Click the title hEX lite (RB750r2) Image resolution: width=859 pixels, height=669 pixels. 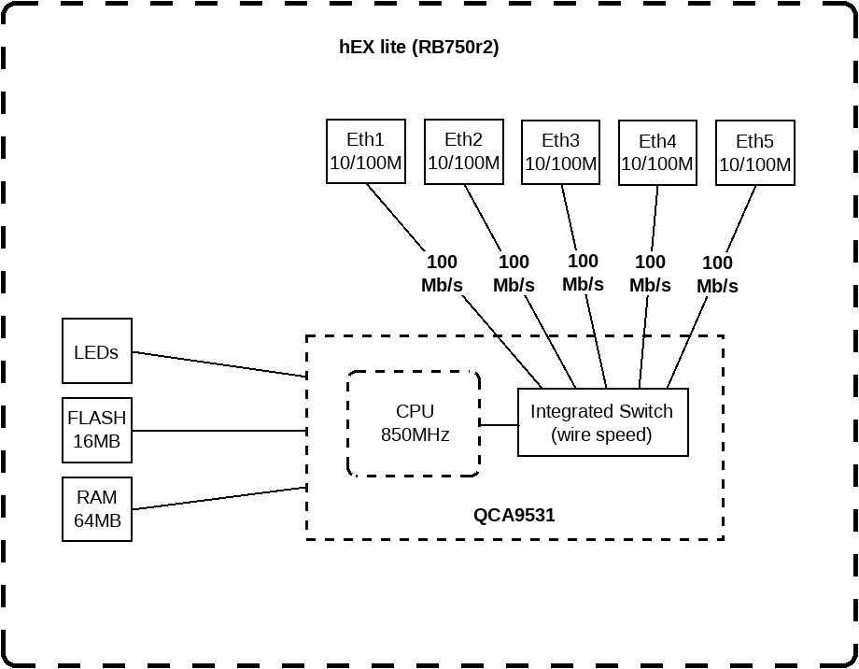[x=418, y=48]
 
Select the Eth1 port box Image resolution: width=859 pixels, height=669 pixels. [x=366, y=151]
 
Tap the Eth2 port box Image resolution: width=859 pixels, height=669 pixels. [x=464, y=151]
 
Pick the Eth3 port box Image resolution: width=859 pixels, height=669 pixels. [x=561, y=152]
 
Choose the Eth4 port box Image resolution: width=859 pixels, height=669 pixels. [x=657, y=152]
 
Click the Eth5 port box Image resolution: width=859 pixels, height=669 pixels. [x=754, y=152]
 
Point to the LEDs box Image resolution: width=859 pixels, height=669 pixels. [x=97, y=351]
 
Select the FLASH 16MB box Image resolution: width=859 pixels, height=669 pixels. [x=97, y=430]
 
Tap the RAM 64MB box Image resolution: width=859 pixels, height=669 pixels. [x=97, y=509]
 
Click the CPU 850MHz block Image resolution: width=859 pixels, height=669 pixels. [x=414, y=423]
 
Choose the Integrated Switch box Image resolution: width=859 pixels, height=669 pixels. [x=602, y=422]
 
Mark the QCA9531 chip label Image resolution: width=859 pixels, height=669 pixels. [x=514, y=514]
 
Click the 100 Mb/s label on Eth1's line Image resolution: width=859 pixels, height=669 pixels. [x=442, y=274]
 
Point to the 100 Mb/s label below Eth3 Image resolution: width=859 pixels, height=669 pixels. [x=583, y=272]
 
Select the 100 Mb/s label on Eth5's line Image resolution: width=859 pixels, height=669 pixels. [x=717, y=275]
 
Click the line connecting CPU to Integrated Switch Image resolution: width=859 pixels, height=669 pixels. [x=499, y=424]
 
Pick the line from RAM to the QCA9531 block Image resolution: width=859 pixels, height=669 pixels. [x=219, y=498]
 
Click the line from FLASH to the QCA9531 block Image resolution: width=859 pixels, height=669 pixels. [x=219, y=431]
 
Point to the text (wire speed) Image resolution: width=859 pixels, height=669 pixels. [x=602, y=434]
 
